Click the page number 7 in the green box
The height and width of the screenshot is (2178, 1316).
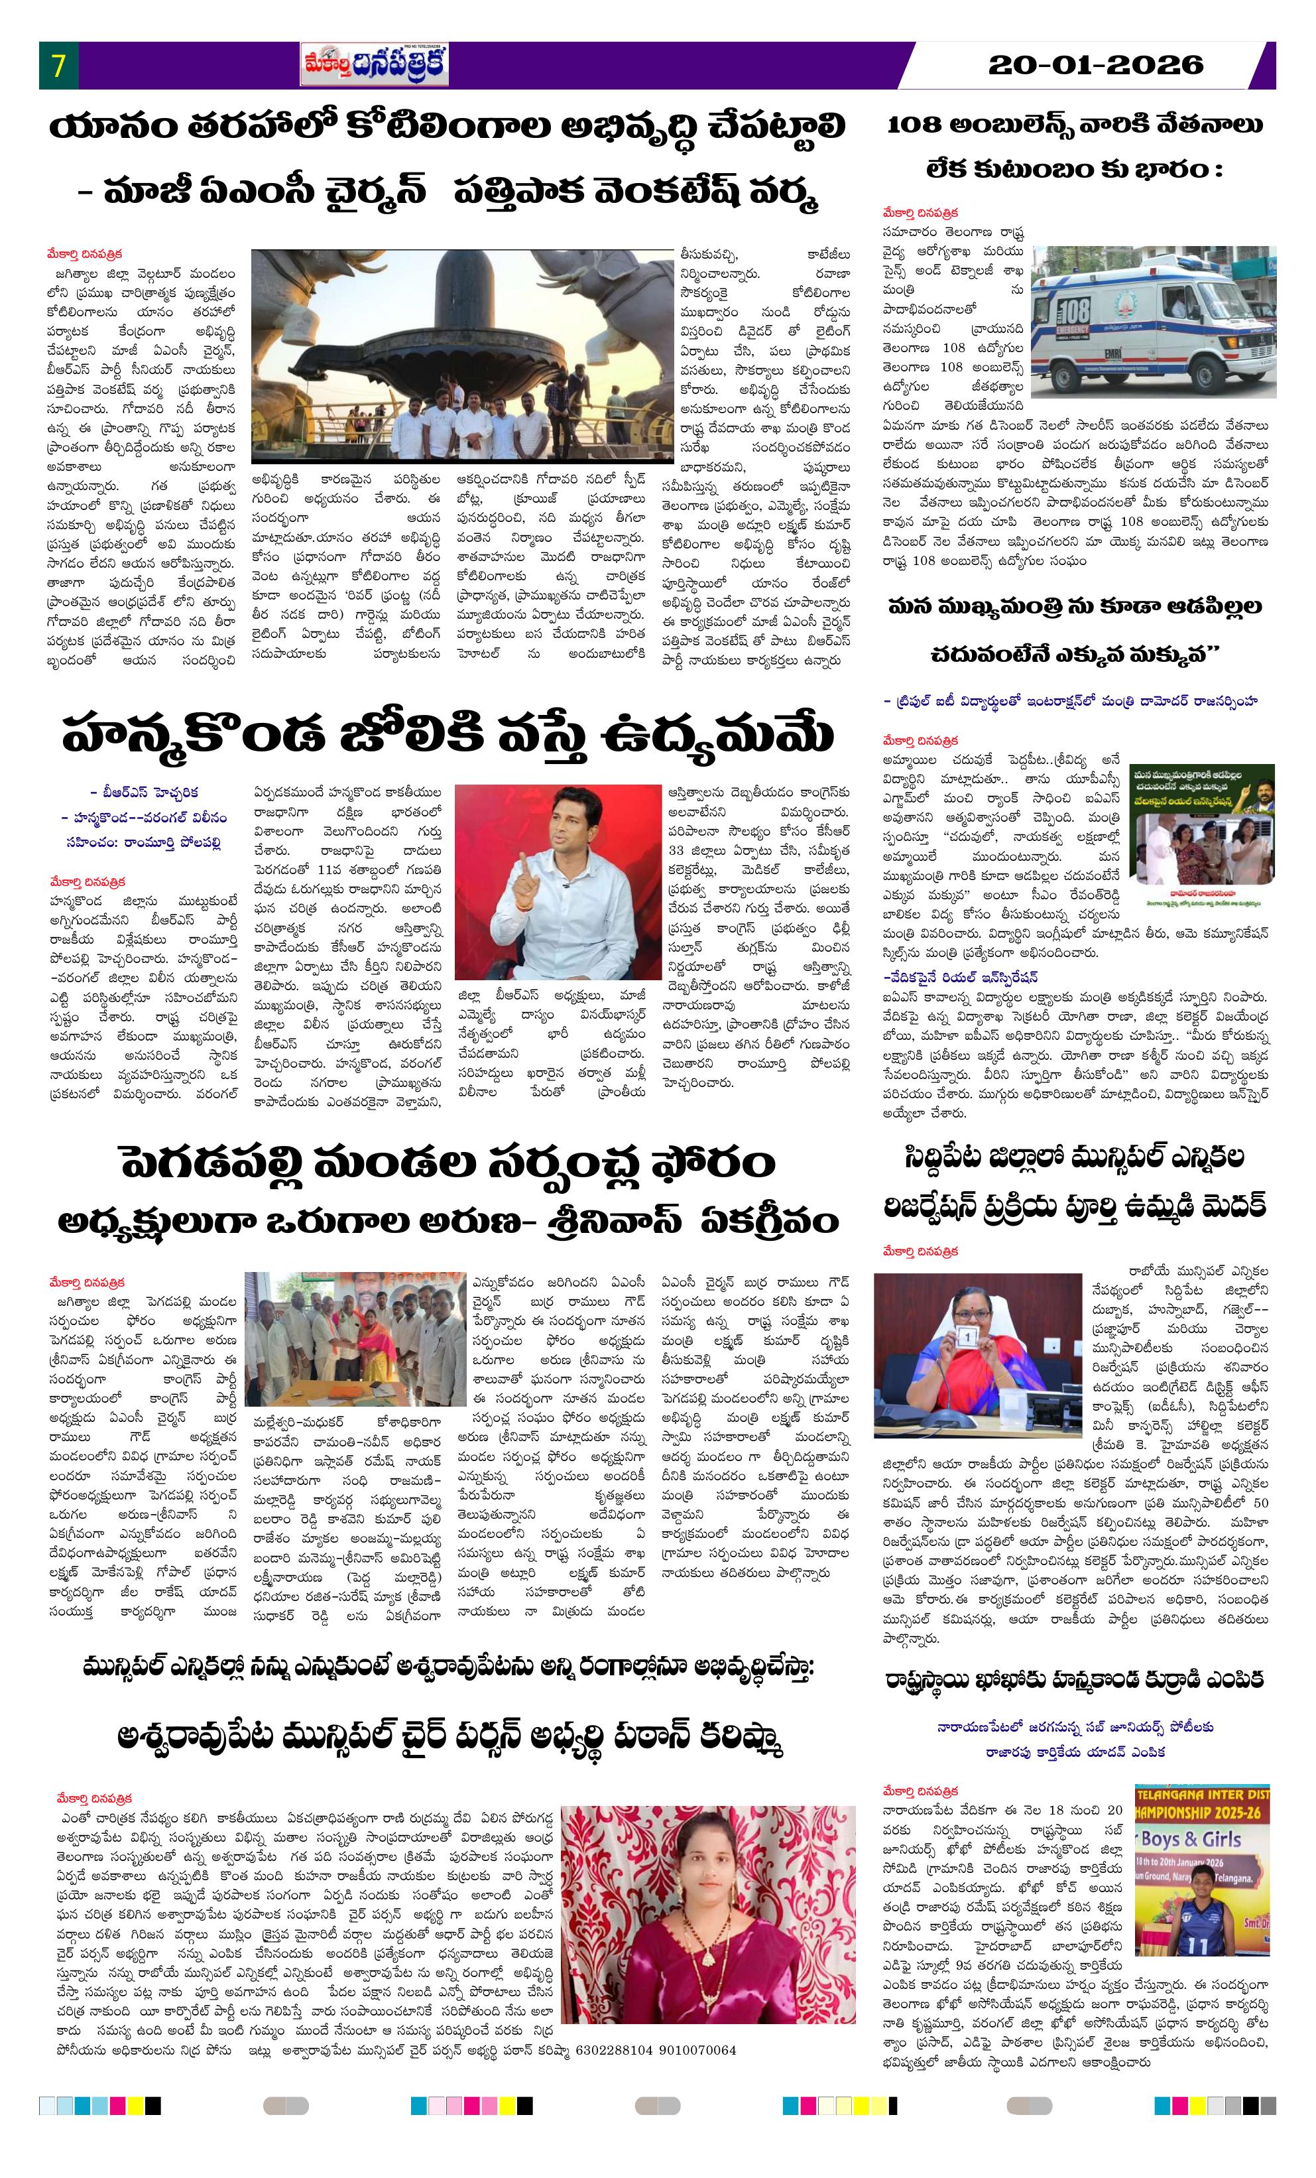coord(58,66)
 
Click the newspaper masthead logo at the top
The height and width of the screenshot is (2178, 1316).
coord(374,66)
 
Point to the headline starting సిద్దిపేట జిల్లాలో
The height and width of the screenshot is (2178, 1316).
coord(1075,1158)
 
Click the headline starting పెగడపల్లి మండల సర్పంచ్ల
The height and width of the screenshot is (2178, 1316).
coord(449,1166)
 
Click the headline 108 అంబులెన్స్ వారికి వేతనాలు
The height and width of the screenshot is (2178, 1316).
coord(1074,125)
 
